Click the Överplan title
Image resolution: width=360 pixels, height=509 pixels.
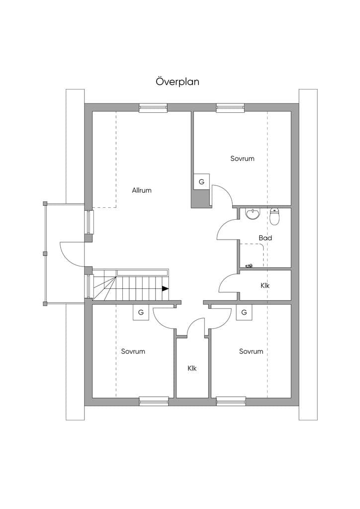pos(177,81)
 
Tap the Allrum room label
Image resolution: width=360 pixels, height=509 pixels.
pos(142,190)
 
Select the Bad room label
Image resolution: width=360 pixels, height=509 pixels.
pos(265,238)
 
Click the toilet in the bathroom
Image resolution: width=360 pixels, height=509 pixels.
pos(274,217)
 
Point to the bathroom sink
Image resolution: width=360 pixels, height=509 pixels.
pos(253,214)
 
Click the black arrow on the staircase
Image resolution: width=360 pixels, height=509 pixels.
pos(165,288)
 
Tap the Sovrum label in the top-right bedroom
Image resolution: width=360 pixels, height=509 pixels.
pos(242,159)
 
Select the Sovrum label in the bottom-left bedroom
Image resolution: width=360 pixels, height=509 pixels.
pos(133,351)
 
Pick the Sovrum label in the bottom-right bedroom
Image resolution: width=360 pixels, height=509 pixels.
pos(251,351)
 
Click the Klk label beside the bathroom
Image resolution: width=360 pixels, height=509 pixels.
pos(265,286)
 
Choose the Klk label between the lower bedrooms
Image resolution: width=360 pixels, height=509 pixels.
pos(192,368)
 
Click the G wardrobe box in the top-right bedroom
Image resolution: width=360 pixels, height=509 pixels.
pos(201,182)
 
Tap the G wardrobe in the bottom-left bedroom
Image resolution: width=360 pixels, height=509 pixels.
pos(141,312)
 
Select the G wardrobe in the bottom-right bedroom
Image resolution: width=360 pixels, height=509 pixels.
pos(244,312)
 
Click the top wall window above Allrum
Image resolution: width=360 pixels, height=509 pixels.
pos(153,108)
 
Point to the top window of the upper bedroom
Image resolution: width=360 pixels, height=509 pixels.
pos(231,108)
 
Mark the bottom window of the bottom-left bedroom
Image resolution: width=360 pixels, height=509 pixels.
pos(154,401)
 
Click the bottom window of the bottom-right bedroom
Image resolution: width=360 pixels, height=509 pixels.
pos(231,401)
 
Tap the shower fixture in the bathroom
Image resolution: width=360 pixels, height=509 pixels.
pos(249,266)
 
